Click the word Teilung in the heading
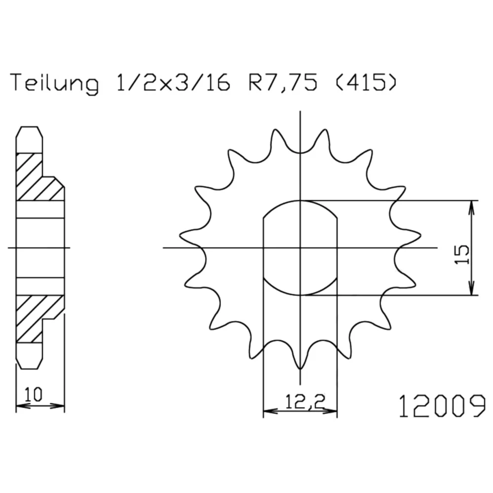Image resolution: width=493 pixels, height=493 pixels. point(55,83)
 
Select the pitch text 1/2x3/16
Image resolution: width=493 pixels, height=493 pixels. point(173,82)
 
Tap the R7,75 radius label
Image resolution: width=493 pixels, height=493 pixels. point(283,83)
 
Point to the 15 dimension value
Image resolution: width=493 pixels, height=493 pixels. point(461,254)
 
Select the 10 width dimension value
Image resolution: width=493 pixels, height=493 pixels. point(34,394)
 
